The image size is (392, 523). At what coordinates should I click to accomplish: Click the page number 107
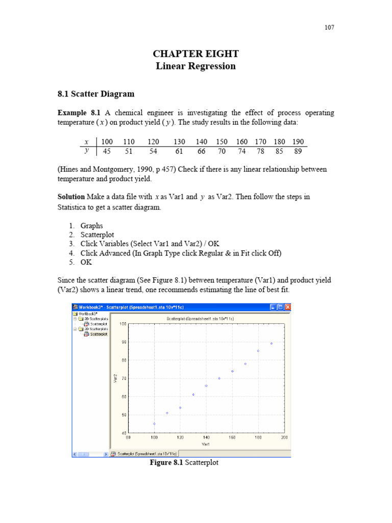tap(329, 28)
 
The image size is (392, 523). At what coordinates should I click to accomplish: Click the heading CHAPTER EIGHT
tap(196, 54)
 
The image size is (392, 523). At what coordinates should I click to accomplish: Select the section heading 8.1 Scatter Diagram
tap(96, 93)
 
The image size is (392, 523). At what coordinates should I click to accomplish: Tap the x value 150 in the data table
tap(222, 141)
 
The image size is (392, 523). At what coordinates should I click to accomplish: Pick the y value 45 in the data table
tap(107, 151)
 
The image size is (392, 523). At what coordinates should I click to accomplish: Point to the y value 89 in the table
tap(298, 151)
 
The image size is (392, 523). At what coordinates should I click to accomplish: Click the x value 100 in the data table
tap(107, 141)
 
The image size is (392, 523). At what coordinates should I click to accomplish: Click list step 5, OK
tap(86, 262)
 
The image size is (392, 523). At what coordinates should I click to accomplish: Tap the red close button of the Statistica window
tap(287, 307)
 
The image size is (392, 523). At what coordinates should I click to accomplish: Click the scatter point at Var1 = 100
tap(154, 424)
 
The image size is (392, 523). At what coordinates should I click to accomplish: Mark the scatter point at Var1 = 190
tap(272, 343)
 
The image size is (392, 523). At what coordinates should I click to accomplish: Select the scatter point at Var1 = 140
tap(206, 386)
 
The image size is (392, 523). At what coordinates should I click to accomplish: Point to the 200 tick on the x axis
tap(284, 438)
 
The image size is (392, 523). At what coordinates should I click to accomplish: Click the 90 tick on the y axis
tap(124, 342)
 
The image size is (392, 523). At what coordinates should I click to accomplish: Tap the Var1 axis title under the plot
tap(206, 444)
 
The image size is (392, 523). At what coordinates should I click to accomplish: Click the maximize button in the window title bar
tap(280, 307)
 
